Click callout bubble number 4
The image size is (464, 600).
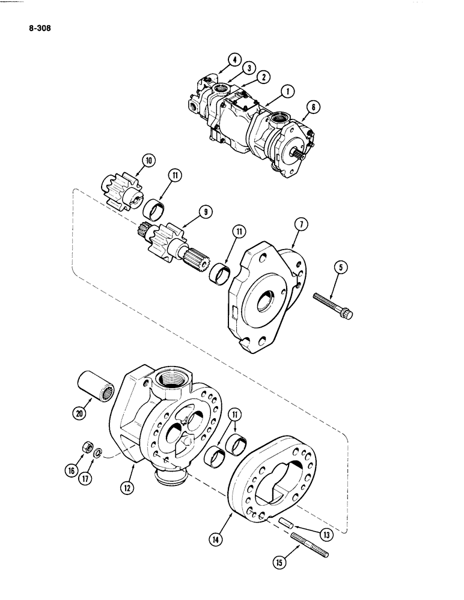(x=234, y=60)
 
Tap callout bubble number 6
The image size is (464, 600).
(x=313, y=108)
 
